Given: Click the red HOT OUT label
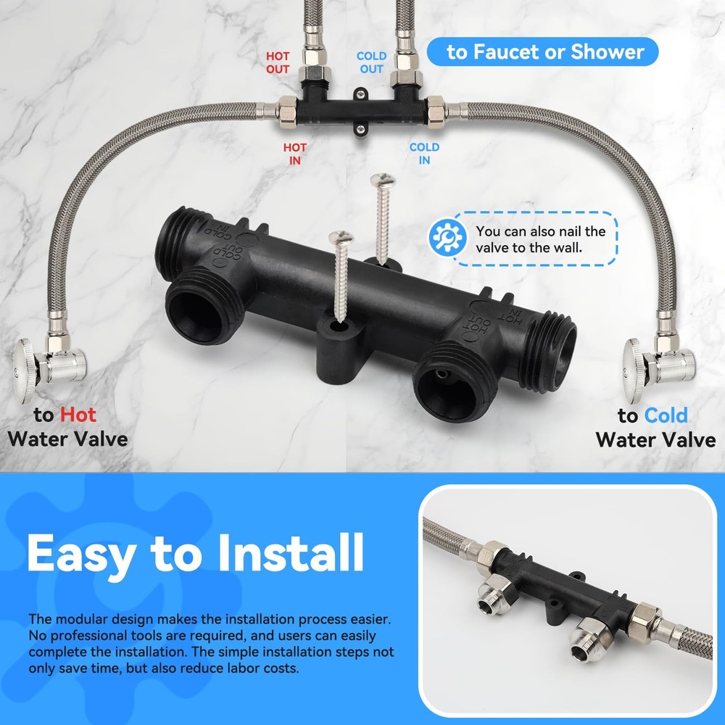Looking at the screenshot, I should coord(278,62).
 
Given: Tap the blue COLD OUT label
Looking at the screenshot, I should coord(371,62).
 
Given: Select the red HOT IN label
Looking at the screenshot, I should coord(294,154).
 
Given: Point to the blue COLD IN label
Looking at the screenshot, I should coord(424,154).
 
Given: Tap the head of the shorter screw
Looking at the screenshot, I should coord(341,236).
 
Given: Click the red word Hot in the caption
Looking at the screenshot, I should coord(78,415).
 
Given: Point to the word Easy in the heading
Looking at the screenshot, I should coord(80,553).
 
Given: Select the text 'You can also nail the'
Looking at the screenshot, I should coord(540,231).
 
